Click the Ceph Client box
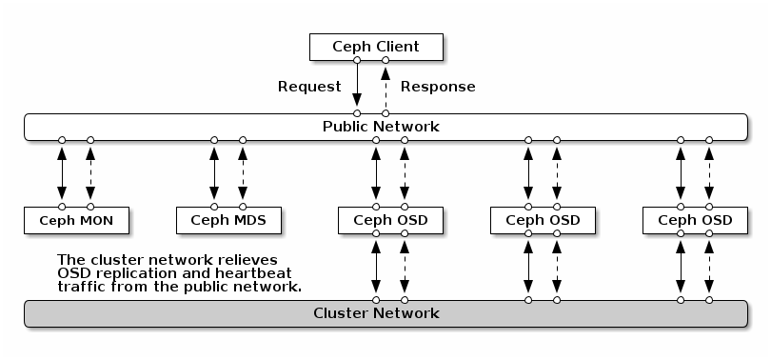[x=375, y=46]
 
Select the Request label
[x=308, y=87]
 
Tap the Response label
[x=437, y=87]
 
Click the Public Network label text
[x=381, y=126]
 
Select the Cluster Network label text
[x=376, y=312]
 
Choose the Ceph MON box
[x=76, y=220]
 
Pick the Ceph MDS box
[x=228, y=220]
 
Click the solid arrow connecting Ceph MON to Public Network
[x=62, y=172]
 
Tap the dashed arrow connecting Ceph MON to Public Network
[x=90, y=172]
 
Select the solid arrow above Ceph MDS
[x=214, y=172]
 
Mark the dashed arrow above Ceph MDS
[x=243, y=172]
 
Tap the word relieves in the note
[x=246, y=259]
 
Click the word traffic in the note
[x=82, y=286]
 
